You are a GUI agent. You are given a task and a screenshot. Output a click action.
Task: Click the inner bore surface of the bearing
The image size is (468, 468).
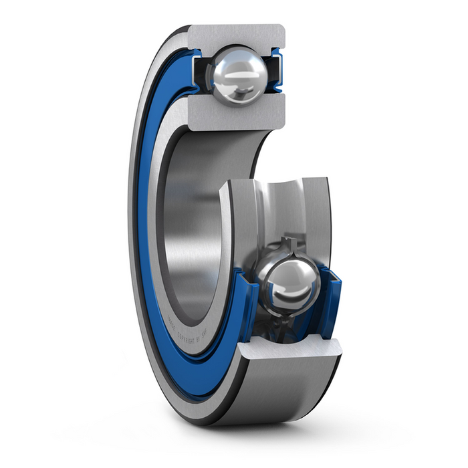[194, 221]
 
